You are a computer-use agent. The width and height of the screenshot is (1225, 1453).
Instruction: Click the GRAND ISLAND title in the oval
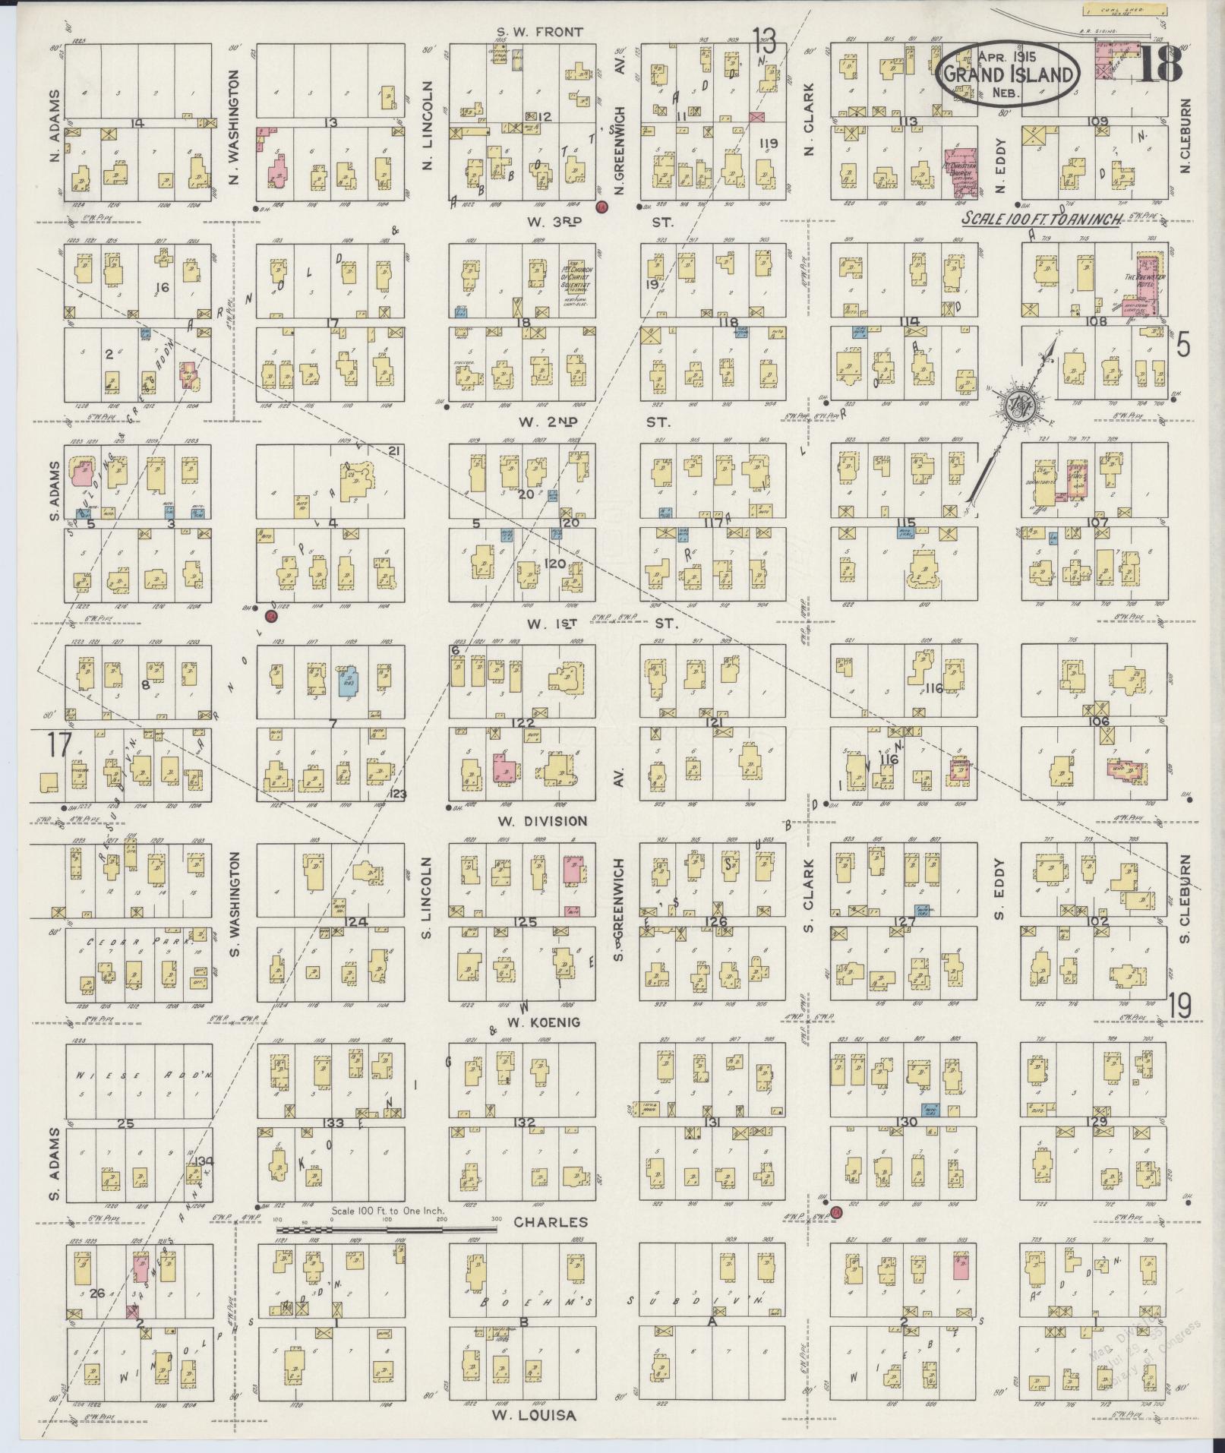1009,74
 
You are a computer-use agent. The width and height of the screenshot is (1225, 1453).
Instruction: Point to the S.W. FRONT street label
539,32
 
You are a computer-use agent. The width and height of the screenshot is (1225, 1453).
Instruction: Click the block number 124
356,922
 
